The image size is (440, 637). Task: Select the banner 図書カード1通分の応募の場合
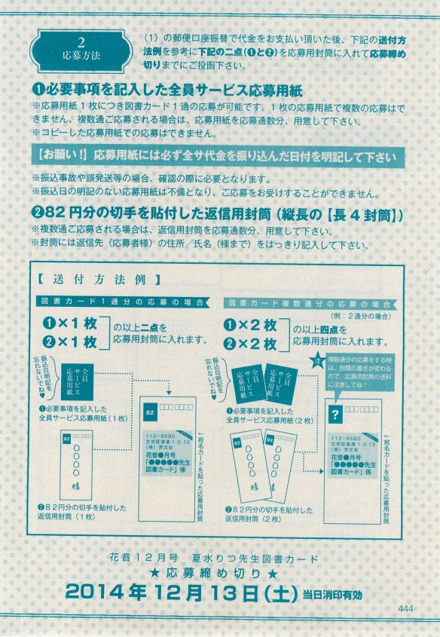124,302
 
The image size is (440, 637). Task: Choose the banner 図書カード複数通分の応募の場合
312,302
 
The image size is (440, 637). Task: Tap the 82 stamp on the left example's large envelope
150,413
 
